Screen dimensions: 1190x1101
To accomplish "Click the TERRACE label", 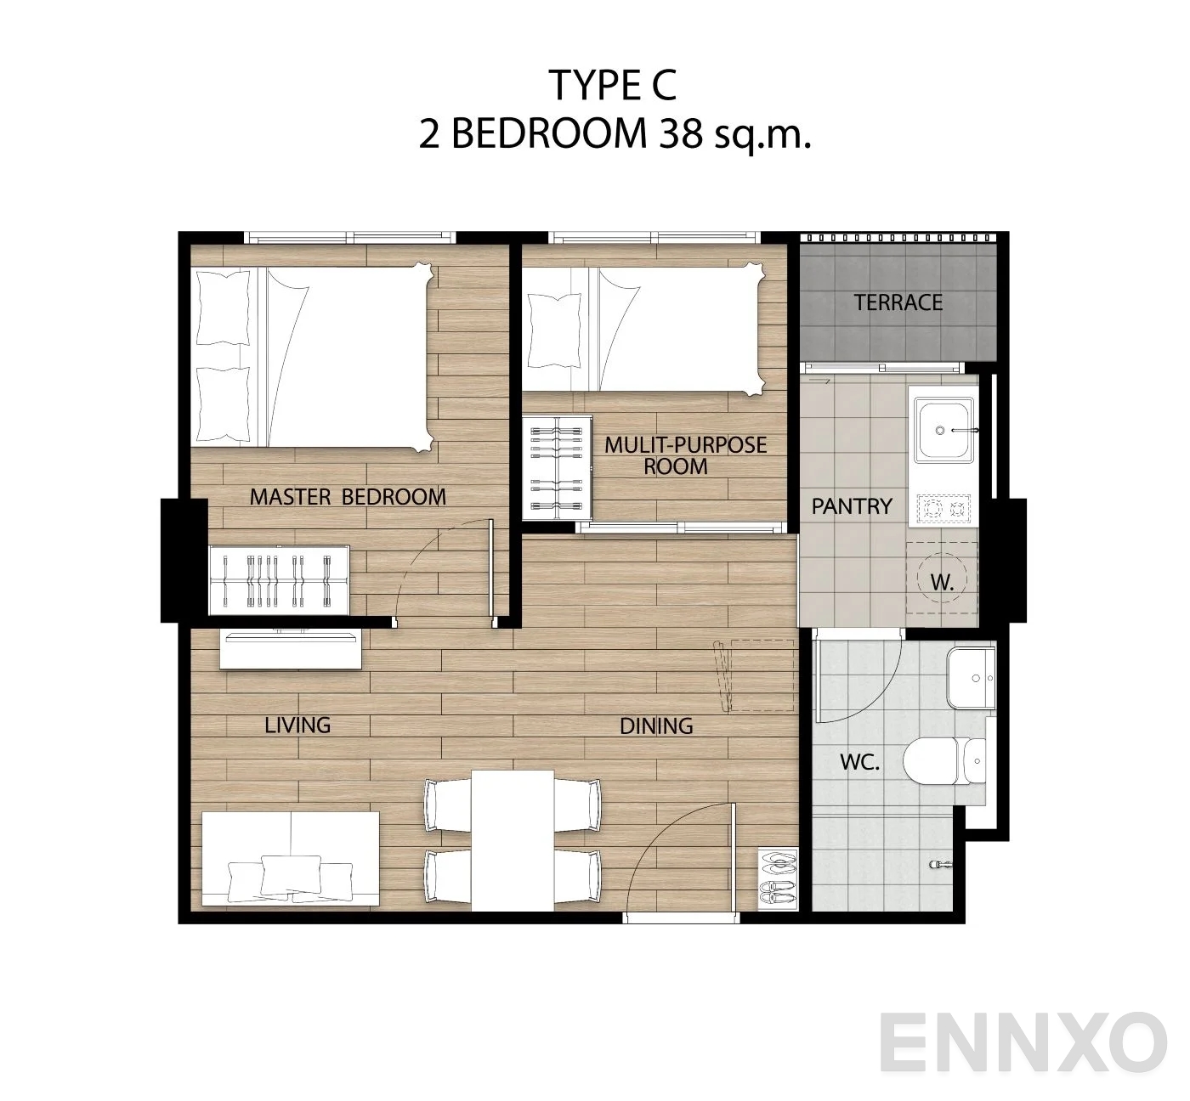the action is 898,302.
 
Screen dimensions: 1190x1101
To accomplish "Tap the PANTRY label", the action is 852,507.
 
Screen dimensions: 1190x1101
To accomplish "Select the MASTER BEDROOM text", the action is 348,497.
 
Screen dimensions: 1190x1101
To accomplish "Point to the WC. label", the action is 860,763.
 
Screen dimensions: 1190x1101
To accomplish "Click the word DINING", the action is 656,726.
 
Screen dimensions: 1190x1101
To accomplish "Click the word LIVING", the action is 297,726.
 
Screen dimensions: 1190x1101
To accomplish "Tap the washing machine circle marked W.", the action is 942,578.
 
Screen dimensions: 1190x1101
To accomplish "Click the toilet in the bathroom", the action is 943,761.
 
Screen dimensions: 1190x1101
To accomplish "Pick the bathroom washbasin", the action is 972,677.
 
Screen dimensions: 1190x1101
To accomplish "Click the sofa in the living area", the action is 291,858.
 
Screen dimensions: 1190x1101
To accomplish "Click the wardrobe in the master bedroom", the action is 279,580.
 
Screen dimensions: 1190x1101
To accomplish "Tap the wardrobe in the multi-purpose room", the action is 557,468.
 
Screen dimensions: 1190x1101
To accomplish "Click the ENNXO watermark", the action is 1023,1043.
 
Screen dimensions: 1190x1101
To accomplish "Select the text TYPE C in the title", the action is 612,86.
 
